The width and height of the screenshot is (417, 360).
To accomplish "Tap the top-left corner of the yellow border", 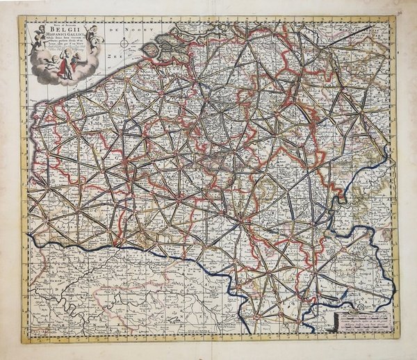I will (21, 17).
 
